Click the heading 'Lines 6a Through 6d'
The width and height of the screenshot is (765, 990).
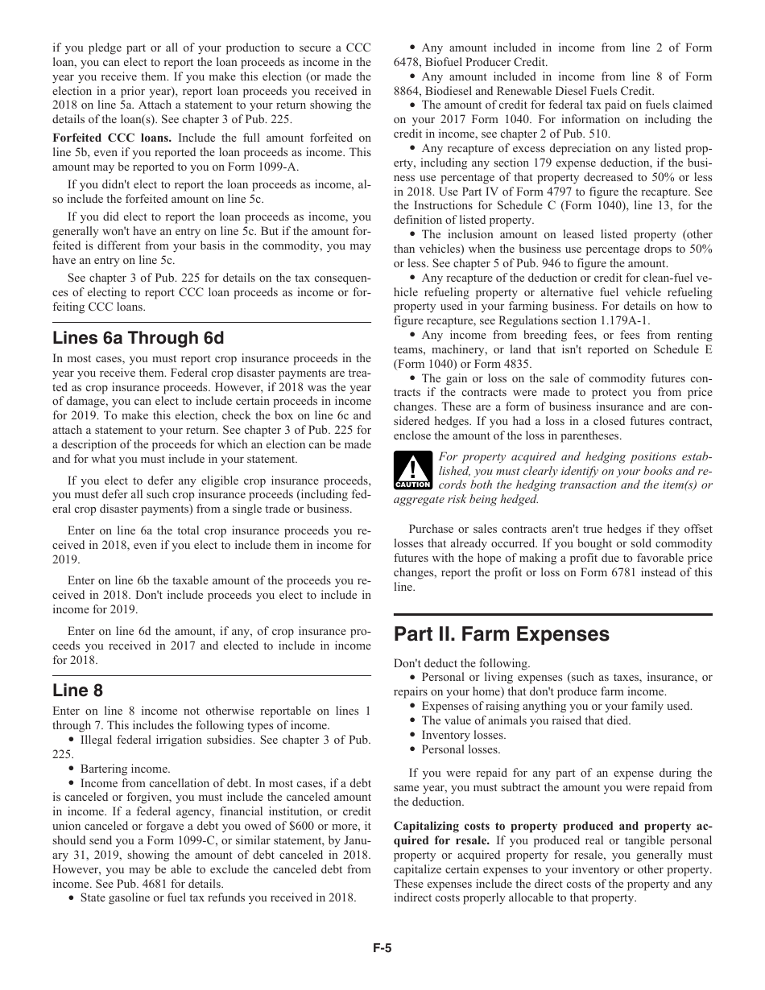(138, 338)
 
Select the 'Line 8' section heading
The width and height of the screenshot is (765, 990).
(77, 691)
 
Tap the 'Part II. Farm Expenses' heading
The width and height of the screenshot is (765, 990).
(501, 634)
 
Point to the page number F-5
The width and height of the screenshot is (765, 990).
(382, 948)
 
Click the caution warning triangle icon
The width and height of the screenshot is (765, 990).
(412, 470)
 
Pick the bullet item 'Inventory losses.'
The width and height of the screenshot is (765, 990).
(463, 735)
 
